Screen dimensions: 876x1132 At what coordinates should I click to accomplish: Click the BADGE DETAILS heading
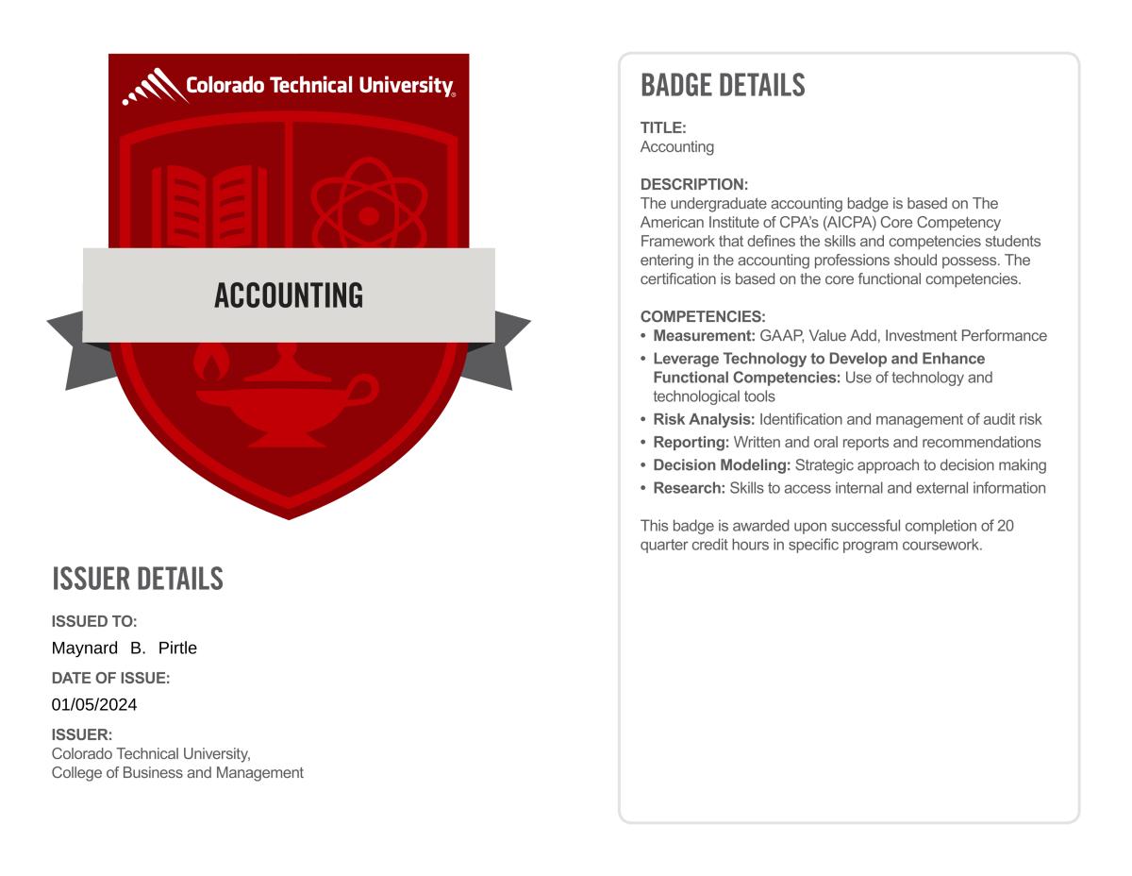pos(723,85)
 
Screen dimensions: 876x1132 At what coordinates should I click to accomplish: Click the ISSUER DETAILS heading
pos(138,579)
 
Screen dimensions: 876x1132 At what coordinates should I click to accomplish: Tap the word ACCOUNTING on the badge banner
pos(289,295)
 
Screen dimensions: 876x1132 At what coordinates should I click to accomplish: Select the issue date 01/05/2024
pos(94,704)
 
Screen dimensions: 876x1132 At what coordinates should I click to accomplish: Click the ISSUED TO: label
pos(94,621)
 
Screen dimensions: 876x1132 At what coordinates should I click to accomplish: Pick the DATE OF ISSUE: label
pos(110,678)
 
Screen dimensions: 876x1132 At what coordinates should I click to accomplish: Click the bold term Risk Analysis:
pos(704,419)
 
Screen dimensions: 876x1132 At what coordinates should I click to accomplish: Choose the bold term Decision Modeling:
pos(722,464)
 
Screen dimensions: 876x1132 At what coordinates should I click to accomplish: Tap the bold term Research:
pos(689,488)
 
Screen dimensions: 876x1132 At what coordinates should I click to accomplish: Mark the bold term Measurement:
pos(704,335)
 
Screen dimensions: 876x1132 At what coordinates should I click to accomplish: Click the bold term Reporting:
pos(691,442)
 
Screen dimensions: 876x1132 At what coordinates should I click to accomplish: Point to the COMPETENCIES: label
pos(703,316)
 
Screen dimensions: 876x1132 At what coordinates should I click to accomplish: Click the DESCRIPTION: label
pos(693,184)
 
